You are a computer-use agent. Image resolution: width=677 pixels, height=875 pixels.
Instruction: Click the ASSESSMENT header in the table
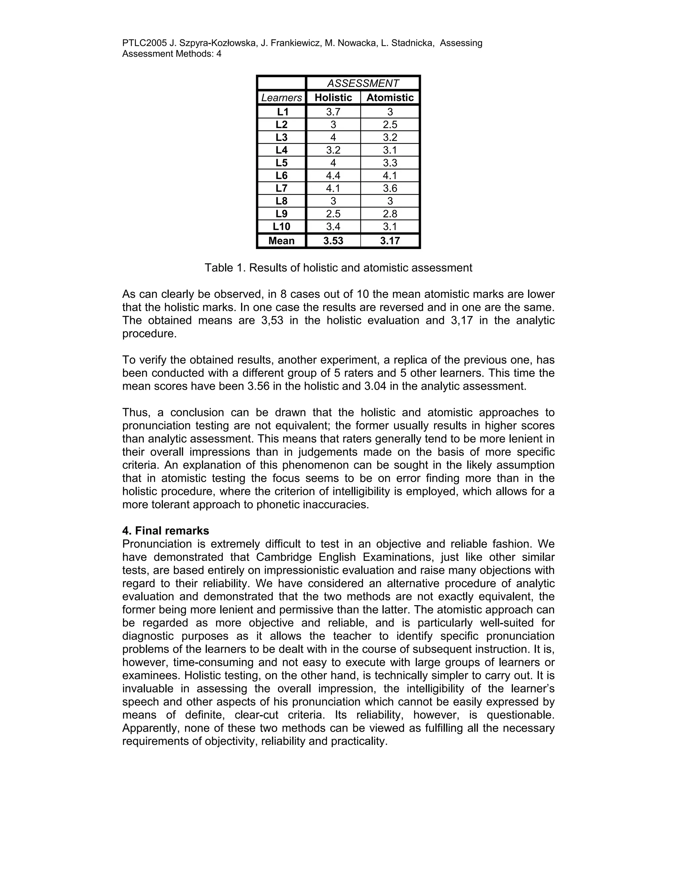[363, 83]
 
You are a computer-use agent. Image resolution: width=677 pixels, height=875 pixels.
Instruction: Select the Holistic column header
[333, 98]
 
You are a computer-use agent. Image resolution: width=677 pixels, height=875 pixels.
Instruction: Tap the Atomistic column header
[390, 98]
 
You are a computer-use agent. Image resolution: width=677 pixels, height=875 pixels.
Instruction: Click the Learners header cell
[282, 98]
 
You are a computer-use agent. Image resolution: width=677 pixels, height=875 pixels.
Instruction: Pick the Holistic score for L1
[333, 112]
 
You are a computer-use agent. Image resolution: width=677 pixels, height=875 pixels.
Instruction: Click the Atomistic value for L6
[390, 175]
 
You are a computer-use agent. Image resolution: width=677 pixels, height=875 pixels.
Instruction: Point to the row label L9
[282, 214]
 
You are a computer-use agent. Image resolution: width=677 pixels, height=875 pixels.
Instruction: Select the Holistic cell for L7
[333, 188]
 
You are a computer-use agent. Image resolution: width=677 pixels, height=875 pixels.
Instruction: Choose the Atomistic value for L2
[390, 124]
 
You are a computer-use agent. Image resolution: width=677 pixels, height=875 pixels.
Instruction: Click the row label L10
[282, 227]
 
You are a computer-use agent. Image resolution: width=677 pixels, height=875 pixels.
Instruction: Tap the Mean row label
[282, 241]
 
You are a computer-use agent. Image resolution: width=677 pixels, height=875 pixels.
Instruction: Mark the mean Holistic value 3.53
[333, 241]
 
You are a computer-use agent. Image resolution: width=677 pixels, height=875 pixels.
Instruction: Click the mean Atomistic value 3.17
[390, 241]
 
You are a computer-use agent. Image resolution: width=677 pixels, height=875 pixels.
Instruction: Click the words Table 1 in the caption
[224, 268]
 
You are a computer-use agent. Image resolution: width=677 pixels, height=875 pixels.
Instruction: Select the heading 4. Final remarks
[166, 531]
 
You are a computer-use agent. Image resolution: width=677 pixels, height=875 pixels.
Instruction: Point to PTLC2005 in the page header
[144, 43]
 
